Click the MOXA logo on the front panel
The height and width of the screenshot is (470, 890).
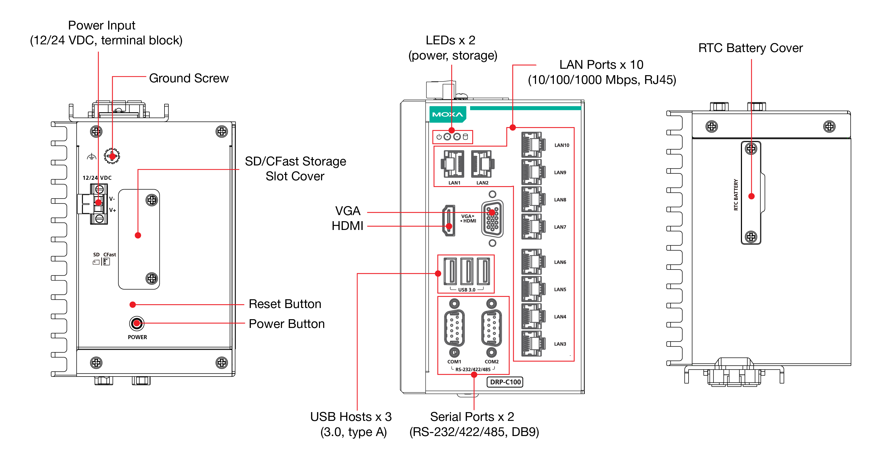pyautogui.click(x=448, y=114)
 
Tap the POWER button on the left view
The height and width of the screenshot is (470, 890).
pyautogui.click(x=137, y=324)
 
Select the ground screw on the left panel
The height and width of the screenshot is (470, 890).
pyautogui.click(x=112, y=156)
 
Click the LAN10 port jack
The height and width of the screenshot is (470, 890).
pyautogui.click(x=533, y=145)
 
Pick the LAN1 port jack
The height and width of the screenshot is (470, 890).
pyautogui.click(x=453, y=164)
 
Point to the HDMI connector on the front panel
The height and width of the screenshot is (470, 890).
pyautogui.click(x=449, y=220)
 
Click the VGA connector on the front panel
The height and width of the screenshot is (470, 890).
pyautogui.click(x=492, y=219)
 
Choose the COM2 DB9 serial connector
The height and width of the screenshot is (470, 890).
pyautogui.click(x=491, y=328)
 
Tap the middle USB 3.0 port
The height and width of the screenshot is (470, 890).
pyautogui.click(x=467, y=271)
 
